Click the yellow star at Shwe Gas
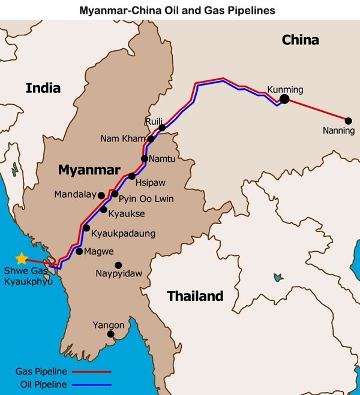pyautogui.click(x=22, y=258)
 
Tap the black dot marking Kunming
pyautogui.click(x=284, y=99)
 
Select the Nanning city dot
pyautogui.click(x=348, y=120)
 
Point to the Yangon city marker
pyautogui.click(x=110, y=334)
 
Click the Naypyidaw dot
pyautogui.click(x=118, y=265)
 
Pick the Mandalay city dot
pyautogui.click(x=101, y=195)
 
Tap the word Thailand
pyautogui.click(x=195, y=296)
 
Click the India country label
pyautogui.click(x=43, y=88)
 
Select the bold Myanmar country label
pyautogui.click(x=89, y=170)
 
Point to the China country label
pyautogui.click(x=300, y=40)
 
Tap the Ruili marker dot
pyautogui.click(x=162, y=128)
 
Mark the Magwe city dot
pyautogui.click(x=79, y=251)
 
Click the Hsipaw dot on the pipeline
pyautogui.click(x=132, y=176)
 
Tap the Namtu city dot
pyautogui.click(x=145, y=159)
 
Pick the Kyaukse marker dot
pyautogui.click(x=104, y=210)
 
